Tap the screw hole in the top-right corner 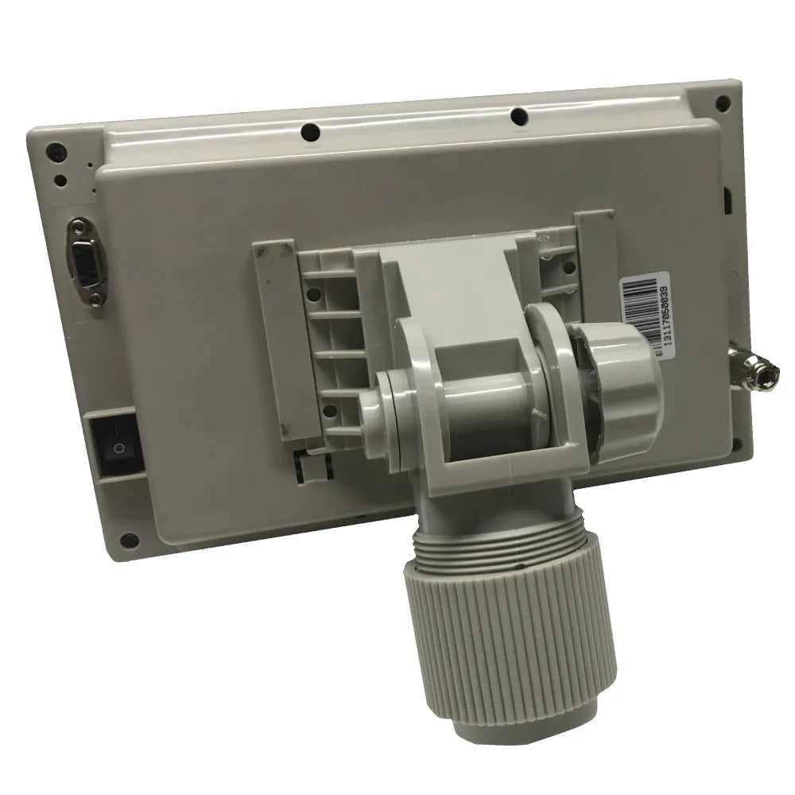[x=722, y=102]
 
